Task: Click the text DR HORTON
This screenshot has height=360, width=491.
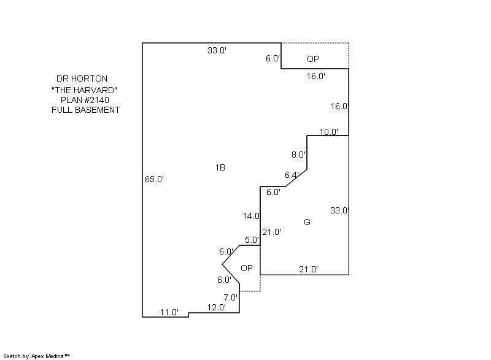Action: pyautogui.click(x=82, y=79)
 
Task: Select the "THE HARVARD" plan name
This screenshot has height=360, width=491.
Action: pyautogui.click(x=85, y=90)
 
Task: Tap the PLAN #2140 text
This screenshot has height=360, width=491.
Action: pyautogui.click(x=85, y=100)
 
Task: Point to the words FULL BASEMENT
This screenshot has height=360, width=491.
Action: pyautogui.click(x=85, y=110)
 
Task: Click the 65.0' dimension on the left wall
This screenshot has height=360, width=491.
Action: pyautogui.click(x=154, y=179)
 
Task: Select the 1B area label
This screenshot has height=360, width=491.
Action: pyautogui.click(x=220, y=167)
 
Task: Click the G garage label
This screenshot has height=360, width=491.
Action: pyautogui.click(x=307, y=222)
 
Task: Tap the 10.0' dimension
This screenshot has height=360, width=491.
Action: pyautogui.click(x=329, y=132)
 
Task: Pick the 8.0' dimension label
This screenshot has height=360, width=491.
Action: pyautogui.click(x=298, y=155)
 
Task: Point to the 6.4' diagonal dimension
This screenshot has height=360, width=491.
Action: pyautogui.click(x=292, y=175)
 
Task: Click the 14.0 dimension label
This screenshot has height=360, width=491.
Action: pyautogui.click(x=252, y=216)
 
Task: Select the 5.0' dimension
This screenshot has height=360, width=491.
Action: pyautogui.click(x=252, y=240)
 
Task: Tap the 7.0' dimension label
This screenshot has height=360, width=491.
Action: pyautogui.click(x=231, y=297)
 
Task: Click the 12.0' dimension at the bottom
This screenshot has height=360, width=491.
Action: pyautogui.click(x=216, y=307)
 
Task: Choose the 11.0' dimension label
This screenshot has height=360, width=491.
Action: pyautogui.click(x=169, y=312)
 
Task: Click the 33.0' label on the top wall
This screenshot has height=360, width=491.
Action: pyautogui.click(x=217, y=51)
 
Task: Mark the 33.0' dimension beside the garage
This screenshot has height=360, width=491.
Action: pyautogui.click(x=339, y=210)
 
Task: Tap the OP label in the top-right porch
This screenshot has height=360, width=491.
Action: pyautogui.click(x=312, y=59)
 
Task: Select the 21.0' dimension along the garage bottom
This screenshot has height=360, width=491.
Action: pyautogui.click(x=307, y=269)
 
